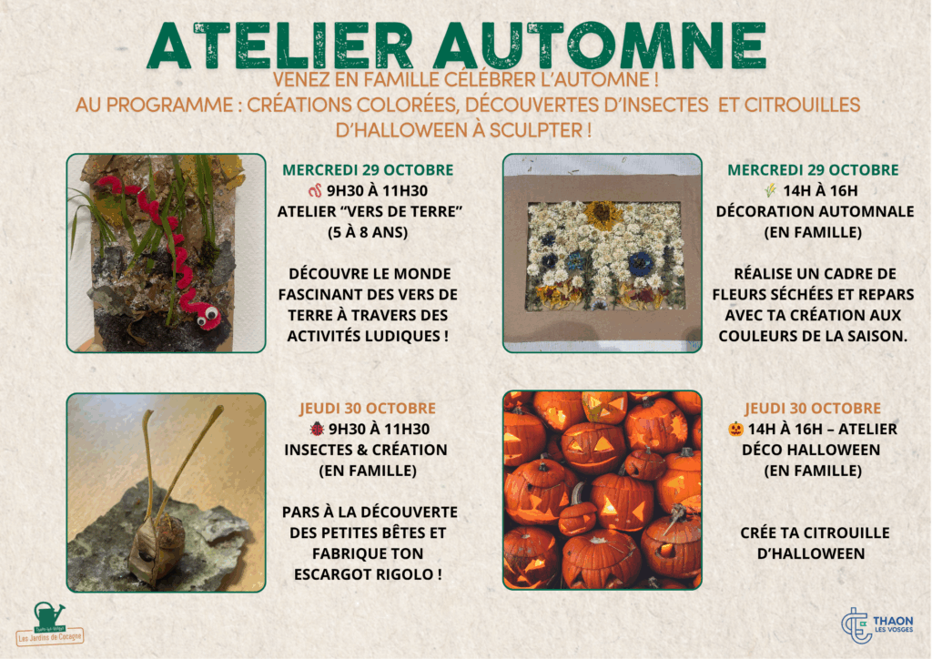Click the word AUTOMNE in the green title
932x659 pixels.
pos(601,46)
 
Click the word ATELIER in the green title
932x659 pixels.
pos(280,46)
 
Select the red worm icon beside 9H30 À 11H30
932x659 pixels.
pos(315,191)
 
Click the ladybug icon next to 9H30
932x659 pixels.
pos(317,429)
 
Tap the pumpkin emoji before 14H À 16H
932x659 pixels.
pos(735,429)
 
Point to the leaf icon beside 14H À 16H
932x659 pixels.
pos(770,191)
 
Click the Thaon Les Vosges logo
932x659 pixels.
pos(877,625)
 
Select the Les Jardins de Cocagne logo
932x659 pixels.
pos(50,624)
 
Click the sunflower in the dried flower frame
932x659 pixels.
pos(603,213)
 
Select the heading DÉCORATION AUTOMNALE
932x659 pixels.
pos(815,211)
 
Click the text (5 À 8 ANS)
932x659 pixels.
pos(368,232)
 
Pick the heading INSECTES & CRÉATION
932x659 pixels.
pos(366,450)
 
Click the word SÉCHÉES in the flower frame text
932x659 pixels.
pos(794,295)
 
